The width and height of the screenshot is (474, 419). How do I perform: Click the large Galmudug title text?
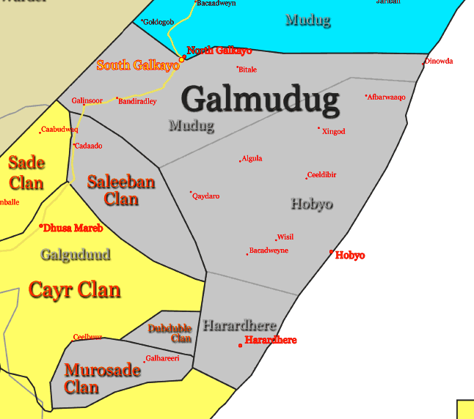pos(260,100)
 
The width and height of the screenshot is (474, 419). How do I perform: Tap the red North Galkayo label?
pos(219,51)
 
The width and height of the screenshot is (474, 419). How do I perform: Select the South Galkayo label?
pos(138,65)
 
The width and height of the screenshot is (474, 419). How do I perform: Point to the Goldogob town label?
pos(158,23)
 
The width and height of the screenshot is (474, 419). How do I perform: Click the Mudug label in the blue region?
pos(307,20)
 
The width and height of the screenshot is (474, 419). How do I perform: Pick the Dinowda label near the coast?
pos(439,62)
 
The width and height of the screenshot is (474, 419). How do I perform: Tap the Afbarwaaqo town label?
pos(387,97)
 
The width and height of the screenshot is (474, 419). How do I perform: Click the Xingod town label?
pos(334,132)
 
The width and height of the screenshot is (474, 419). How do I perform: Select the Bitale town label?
pos(248,70)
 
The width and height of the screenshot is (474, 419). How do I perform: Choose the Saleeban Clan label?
pos(121,190)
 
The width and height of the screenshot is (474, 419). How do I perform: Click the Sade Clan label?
pos(26,173)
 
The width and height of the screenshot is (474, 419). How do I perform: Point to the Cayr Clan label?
pos(74,290)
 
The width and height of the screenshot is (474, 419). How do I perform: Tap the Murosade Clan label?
pos(102,379)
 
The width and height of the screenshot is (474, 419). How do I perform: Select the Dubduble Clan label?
pos(170,333)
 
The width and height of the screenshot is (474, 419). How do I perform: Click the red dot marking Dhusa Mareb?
pos(41,226)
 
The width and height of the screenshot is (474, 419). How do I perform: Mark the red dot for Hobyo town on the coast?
pos(331,252)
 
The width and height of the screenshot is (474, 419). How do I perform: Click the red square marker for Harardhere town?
pos(240,345)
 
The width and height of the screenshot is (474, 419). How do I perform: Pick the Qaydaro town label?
pos(206,196)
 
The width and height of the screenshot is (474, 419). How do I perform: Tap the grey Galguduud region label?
pos(76,255)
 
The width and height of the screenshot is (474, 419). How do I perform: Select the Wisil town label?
pos(285,237)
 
